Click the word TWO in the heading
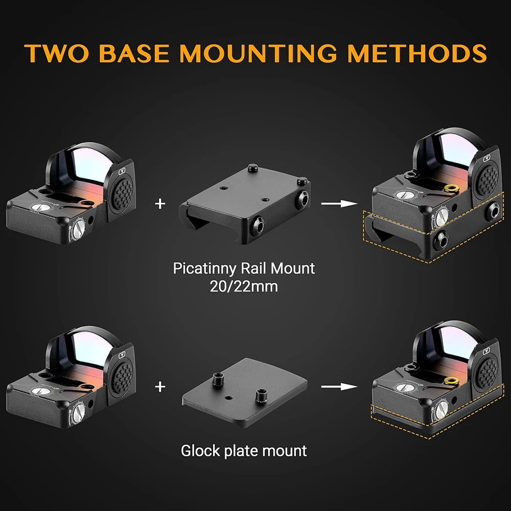point(56,53)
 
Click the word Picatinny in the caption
point(205,269)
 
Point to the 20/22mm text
point(244,287)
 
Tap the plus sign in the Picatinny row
point(160,204)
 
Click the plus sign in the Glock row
point(160,387)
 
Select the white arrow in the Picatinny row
point(339,204)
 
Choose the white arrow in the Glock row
point(339,387)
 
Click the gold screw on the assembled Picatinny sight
point(452,189)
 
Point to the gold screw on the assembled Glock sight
point(452,380)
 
